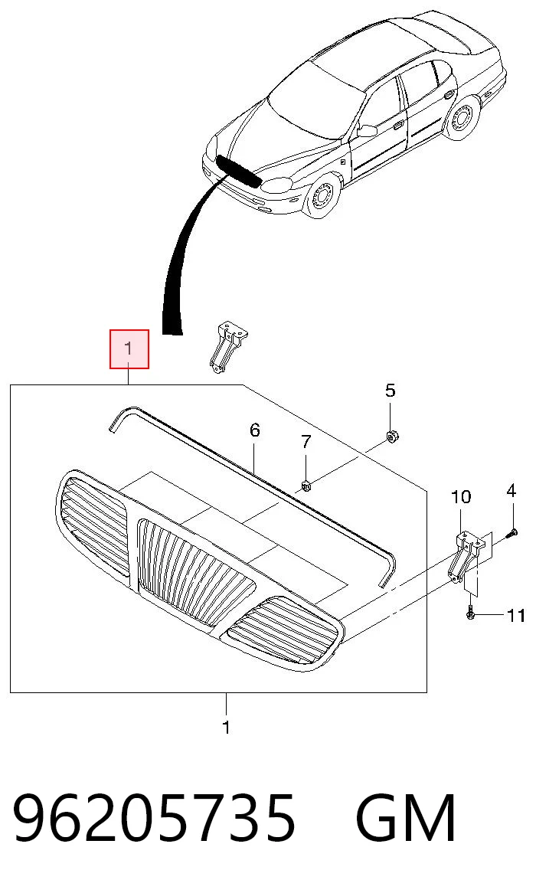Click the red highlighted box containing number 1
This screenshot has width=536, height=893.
129,349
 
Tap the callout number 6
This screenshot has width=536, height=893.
255,430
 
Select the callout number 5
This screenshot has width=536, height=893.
390,391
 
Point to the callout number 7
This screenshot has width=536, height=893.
306,441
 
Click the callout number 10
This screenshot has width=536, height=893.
461,496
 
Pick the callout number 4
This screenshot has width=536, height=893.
511,490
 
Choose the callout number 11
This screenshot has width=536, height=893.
515,616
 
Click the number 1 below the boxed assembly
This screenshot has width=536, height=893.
226,728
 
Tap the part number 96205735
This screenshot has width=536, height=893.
155,818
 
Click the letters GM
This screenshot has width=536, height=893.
406,818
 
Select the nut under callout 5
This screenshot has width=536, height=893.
391,437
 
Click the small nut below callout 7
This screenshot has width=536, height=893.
306,486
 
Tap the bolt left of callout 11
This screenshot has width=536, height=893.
470,615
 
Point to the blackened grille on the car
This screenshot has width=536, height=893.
238,172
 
